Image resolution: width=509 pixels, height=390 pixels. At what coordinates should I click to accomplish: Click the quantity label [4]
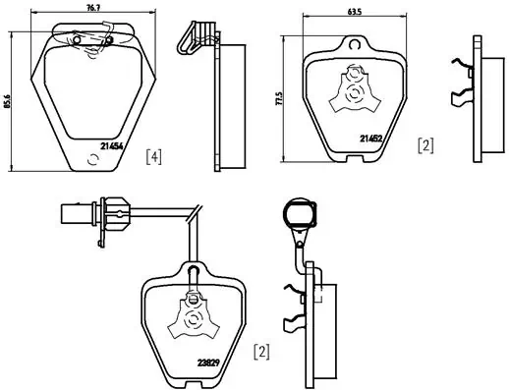tap(153, 155)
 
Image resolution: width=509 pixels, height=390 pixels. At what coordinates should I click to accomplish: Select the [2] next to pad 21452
tap(425, 146)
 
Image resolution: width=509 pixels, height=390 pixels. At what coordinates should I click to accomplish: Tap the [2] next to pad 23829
tap(261, 351)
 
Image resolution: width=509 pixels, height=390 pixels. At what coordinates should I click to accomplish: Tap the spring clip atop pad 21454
tap(92, 39)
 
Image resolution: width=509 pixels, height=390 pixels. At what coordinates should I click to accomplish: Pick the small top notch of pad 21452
tap(354, 43)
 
